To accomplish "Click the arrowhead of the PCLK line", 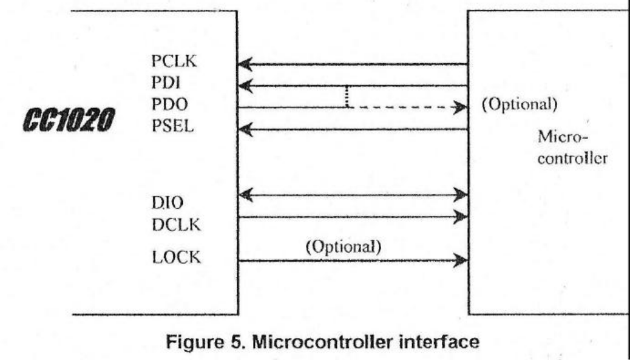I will (245, 63).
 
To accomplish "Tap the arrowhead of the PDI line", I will (245, 86).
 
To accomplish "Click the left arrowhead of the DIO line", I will (245, 195).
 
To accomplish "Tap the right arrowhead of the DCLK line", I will (461, 217).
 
